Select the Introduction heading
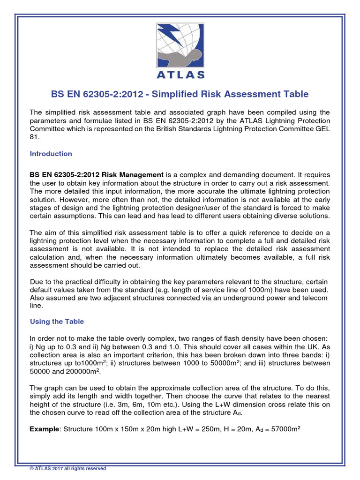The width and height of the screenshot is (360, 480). coord(51,154)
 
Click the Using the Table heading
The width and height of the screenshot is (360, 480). coord(57,322)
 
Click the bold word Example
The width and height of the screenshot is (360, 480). coord(45,429)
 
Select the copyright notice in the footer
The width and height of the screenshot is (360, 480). coord(68,468)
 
